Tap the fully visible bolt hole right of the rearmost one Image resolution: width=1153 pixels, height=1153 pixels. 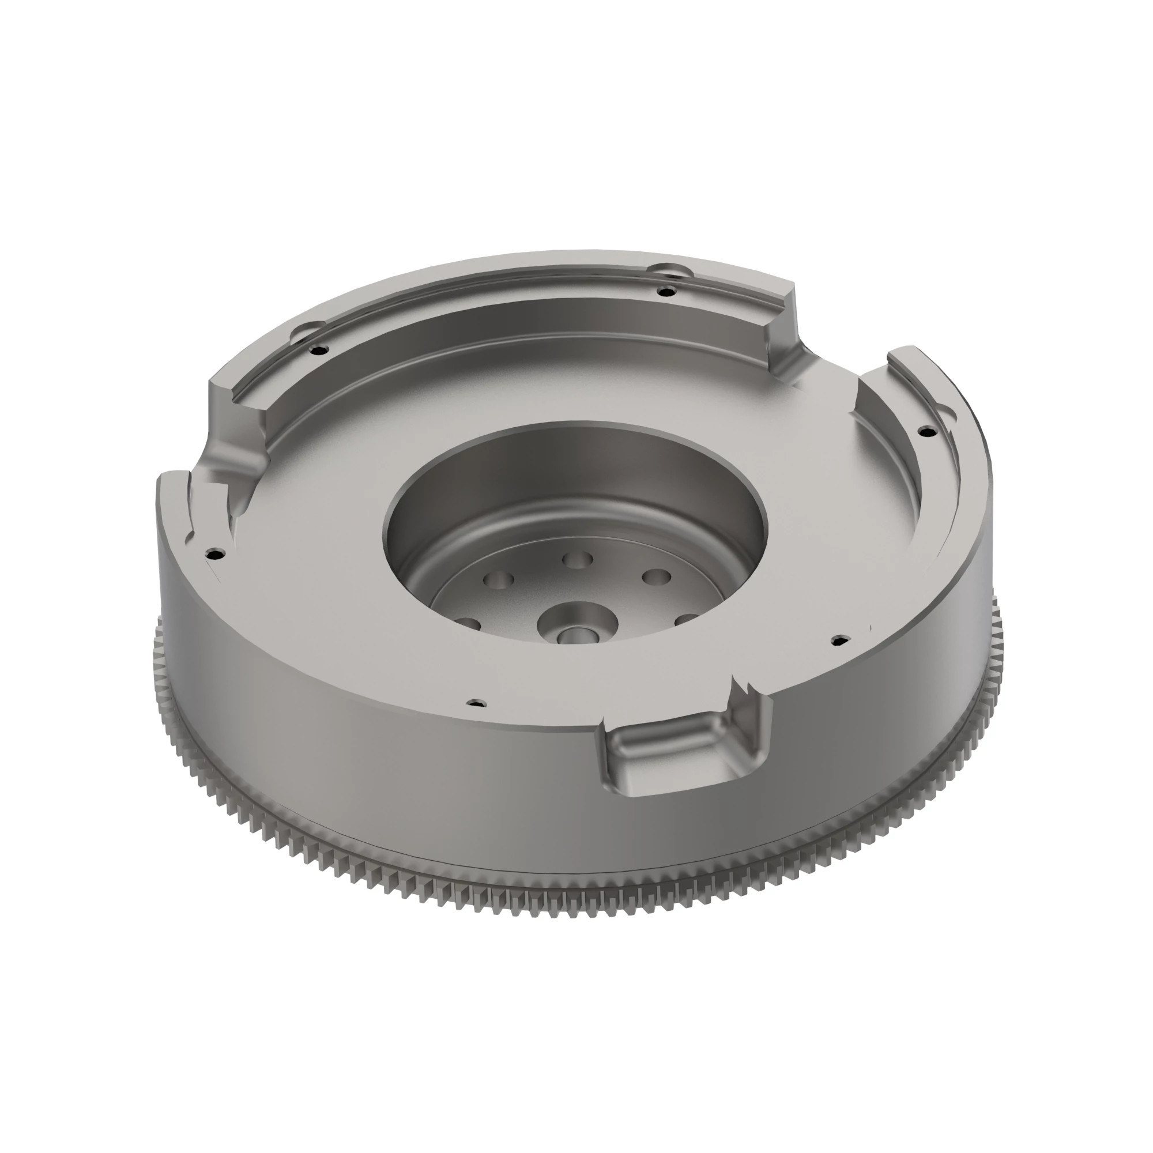point(656,577)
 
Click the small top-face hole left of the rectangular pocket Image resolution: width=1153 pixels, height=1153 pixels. point(476,702)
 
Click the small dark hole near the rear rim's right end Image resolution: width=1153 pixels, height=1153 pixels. point(666,291)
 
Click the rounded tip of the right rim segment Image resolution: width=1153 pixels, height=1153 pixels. point(907,355)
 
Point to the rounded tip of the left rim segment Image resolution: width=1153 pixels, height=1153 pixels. point(173,478)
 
